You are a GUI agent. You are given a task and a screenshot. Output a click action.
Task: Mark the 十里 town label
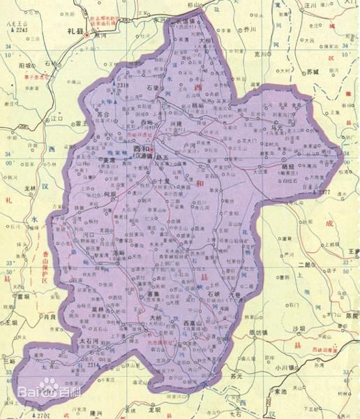(x=163, y=179)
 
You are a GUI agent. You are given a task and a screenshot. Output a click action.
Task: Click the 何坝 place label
(x=110, y=196)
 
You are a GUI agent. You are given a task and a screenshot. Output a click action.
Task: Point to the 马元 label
(x=278, y=129)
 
